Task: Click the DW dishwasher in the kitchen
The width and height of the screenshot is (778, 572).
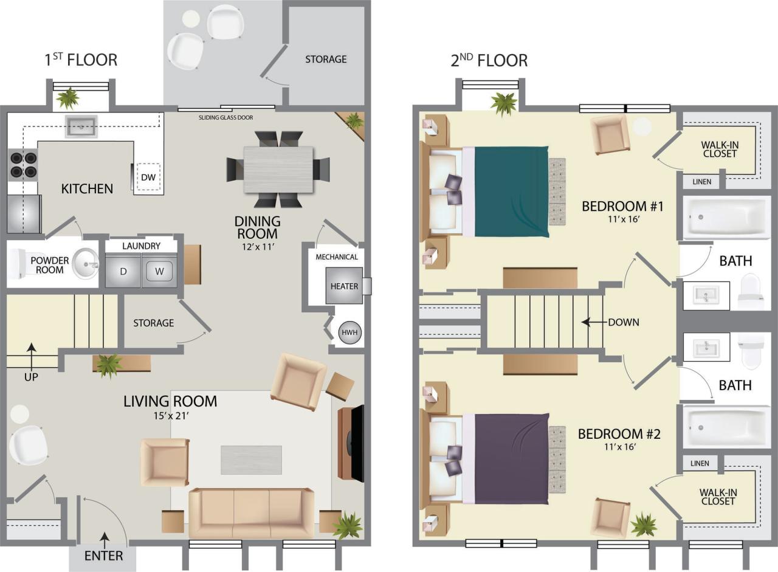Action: [148, 177]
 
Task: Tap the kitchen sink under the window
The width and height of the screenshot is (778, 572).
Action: [81, 127]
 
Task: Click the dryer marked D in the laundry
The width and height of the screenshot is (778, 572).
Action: [123, 270]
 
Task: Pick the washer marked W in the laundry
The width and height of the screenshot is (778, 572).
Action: [159, 270]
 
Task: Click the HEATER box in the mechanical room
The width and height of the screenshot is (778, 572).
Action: [344, 286]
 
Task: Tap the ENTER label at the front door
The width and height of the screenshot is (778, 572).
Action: [103, 555]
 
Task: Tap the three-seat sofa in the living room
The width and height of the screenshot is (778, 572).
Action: [252, 512]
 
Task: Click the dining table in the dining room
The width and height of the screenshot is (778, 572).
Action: [279, 170]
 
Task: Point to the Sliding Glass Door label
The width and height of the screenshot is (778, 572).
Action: [225, 117]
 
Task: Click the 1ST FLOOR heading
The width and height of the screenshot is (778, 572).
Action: [81, 60]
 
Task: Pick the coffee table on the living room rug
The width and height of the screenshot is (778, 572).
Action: [251, 460]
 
